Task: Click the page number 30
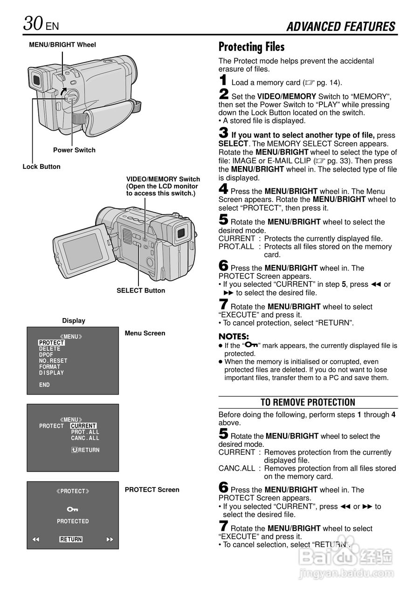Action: [x=34, y=23]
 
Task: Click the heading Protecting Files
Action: [x=251, y=47]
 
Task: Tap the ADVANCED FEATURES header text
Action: [x=341, y=27]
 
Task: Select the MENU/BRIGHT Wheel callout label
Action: [x=62, y=45]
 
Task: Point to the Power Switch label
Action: [x=74, y=150]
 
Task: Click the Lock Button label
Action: [x=41, y=167]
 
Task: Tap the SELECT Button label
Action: [x=141, y=291]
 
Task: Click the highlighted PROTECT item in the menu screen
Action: [x=51, y=343]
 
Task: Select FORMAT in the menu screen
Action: [x=49, y=367]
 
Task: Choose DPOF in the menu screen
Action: [x=46, y=355]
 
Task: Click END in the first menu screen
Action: [x=44, y=385]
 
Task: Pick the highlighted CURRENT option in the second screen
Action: [x=83, y=426]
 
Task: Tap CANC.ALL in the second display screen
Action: [x=85, y=438]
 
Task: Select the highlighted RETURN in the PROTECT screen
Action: [x=71, y=540]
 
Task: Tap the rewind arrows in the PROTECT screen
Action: [x=35, y=540]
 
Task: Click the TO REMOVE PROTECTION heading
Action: [x=308, y=403]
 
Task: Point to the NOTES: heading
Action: [x=234, y=336]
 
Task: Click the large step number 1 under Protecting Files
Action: [x=223, y=81]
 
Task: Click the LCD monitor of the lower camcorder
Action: [x=83, y=252]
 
